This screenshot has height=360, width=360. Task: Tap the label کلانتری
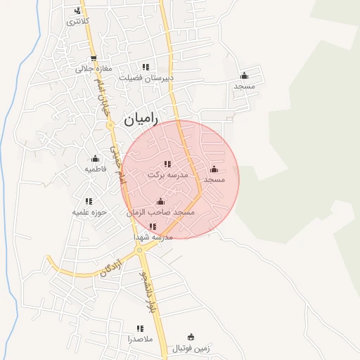[x=78, y=22]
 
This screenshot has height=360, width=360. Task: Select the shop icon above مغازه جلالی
[x=94, y=58]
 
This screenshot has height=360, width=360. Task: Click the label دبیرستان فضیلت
[x=146, y=78]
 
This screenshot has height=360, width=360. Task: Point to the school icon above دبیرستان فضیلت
[x=146, y=67]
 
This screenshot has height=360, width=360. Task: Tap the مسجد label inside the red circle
[x=214, y=180]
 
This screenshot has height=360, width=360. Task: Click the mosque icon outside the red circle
[x=244, y=75]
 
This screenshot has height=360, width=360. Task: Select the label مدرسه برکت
[x=167, y=174]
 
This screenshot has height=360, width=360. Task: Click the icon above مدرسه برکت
[x=167, y=164]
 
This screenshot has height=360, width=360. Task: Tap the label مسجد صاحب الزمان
[x=160, y=212]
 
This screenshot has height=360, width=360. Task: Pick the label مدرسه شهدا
[x=153, y=237]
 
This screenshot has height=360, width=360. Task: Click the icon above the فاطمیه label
[x=95, y=159]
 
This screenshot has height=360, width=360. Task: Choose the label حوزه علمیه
[x=89, y=212]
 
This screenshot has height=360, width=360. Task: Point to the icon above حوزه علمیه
[x=89, y=201]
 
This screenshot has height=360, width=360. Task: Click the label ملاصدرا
[x=140, y=338]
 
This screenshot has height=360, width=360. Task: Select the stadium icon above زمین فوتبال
[x=191, y=337]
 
